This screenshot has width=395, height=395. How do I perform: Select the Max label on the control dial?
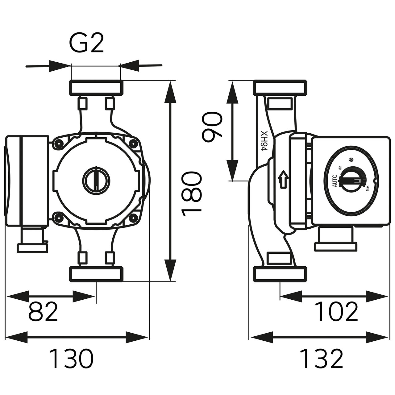coord(367,188)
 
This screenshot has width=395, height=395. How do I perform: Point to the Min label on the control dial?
coord(340,168)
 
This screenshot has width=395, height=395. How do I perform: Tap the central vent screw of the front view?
coord(96,179)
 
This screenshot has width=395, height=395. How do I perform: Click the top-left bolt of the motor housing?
coord(57,143)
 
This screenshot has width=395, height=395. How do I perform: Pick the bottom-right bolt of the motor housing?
coord(133,218)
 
